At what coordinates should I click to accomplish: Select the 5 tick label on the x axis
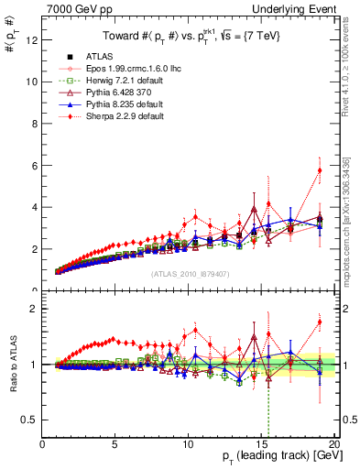(115, 444)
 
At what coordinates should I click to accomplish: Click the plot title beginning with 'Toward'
(190, 37)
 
